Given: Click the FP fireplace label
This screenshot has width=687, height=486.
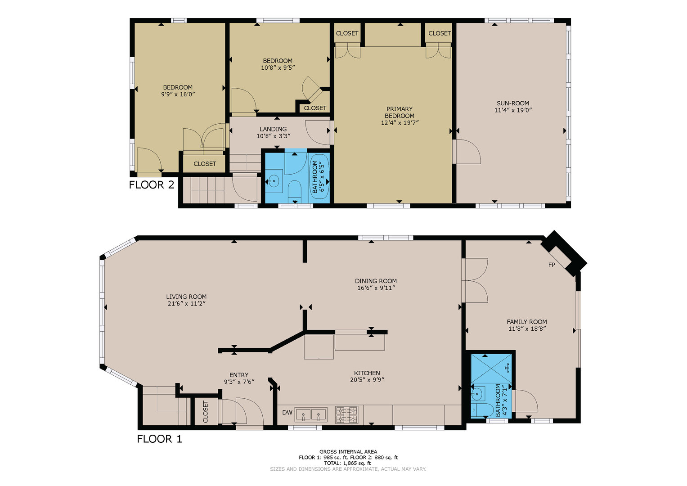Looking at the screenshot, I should [x=552, y=265].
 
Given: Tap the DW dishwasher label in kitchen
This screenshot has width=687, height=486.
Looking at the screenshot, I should [x=287, y=413].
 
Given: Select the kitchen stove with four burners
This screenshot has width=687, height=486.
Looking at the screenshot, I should [x=347, y=414].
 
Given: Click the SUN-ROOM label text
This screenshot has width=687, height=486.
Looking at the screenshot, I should [x=513, y=103].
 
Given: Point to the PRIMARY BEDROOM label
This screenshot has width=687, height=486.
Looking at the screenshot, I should [x=400, y=112].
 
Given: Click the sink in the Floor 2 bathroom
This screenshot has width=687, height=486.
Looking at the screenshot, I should [x=274, y=181].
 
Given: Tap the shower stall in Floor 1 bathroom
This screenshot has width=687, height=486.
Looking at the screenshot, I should [x=491, y=368].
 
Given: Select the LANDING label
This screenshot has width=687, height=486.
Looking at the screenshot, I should [x=273, y=129].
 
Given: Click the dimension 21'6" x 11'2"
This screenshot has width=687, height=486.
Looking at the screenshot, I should [x=186, y=304].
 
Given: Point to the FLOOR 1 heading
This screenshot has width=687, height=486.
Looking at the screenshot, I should [x=160, y=439].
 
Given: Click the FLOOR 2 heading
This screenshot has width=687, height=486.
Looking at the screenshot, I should [x=152, y=185].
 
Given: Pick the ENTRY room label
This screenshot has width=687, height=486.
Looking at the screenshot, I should [x=239, y=375].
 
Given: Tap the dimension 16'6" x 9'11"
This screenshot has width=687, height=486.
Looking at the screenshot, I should [x=376, y=288].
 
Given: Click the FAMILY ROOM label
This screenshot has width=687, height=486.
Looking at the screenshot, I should [x=527, y=322].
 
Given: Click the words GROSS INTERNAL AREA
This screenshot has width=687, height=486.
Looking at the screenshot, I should [x=348, y=452].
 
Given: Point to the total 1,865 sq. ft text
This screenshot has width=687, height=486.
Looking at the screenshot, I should [x=348, y=463].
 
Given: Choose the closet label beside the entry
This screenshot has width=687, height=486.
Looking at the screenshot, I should [x=206, y=411].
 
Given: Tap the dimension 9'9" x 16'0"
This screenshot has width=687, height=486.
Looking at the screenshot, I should [x=178, y=94].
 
